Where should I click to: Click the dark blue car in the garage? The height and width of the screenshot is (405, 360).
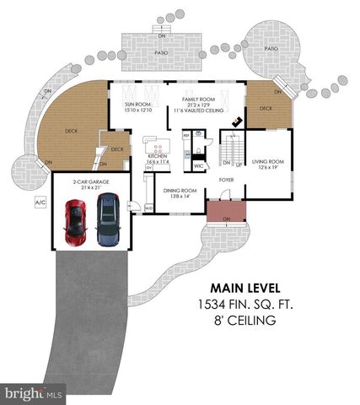(108, 219)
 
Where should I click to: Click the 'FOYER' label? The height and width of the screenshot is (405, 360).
(226, 179)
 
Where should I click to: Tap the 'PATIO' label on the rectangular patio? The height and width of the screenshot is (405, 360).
(162, 50)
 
